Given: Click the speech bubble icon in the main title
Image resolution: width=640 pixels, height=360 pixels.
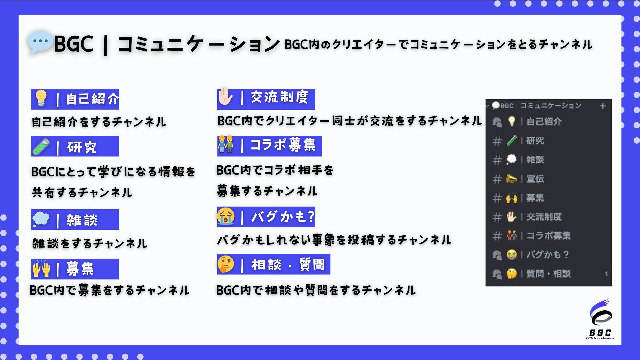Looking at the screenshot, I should click(x=40, y=42).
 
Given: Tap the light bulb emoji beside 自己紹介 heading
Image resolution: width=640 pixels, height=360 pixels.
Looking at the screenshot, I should click(x=41, y=98).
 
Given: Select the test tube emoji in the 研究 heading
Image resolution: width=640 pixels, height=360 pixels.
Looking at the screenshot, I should click(x=41, y=147).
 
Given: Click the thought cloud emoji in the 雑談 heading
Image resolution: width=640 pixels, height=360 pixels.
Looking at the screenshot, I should click(x=41, y=219).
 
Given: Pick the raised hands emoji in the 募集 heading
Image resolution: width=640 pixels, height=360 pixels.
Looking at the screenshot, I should click(x=41, y=269).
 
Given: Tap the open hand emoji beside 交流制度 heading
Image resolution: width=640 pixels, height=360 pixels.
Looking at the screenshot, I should click(x=226, y=97).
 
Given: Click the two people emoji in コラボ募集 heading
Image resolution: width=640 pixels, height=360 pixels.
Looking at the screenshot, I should click(x=226, y=145).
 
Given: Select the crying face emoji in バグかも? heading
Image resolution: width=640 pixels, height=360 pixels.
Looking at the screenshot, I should click(x=226, y=216).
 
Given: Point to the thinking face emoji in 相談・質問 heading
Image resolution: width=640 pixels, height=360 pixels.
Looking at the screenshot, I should click(x=226, y=264).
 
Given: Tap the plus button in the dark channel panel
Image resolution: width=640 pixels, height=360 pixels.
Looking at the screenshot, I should click(x=603, y=106).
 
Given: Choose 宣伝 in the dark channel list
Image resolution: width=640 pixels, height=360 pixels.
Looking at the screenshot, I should click(x=535, y=179).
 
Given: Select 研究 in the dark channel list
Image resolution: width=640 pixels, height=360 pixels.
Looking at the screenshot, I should click(x=535, y=141).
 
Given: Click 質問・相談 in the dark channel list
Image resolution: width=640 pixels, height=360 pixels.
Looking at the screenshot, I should click(x=548, y=274).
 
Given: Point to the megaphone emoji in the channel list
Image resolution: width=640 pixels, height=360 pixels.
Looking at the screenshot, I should click(x=512, y=179).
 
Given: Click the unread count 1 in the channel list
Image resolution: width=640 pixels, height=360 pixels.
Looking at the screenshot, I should click(x=606, y=274).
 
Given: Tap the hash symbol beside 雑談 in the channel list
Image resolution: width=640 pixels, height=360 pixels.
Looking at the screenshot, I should click(x=497, y=160).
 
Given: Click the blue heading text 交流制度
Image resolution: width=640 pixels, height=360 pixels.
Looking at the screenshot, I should click(x=279, y=97).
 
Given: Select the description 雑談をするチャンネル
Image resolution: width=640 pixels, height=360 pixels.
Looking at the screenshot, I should click(x=90, y=244).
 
